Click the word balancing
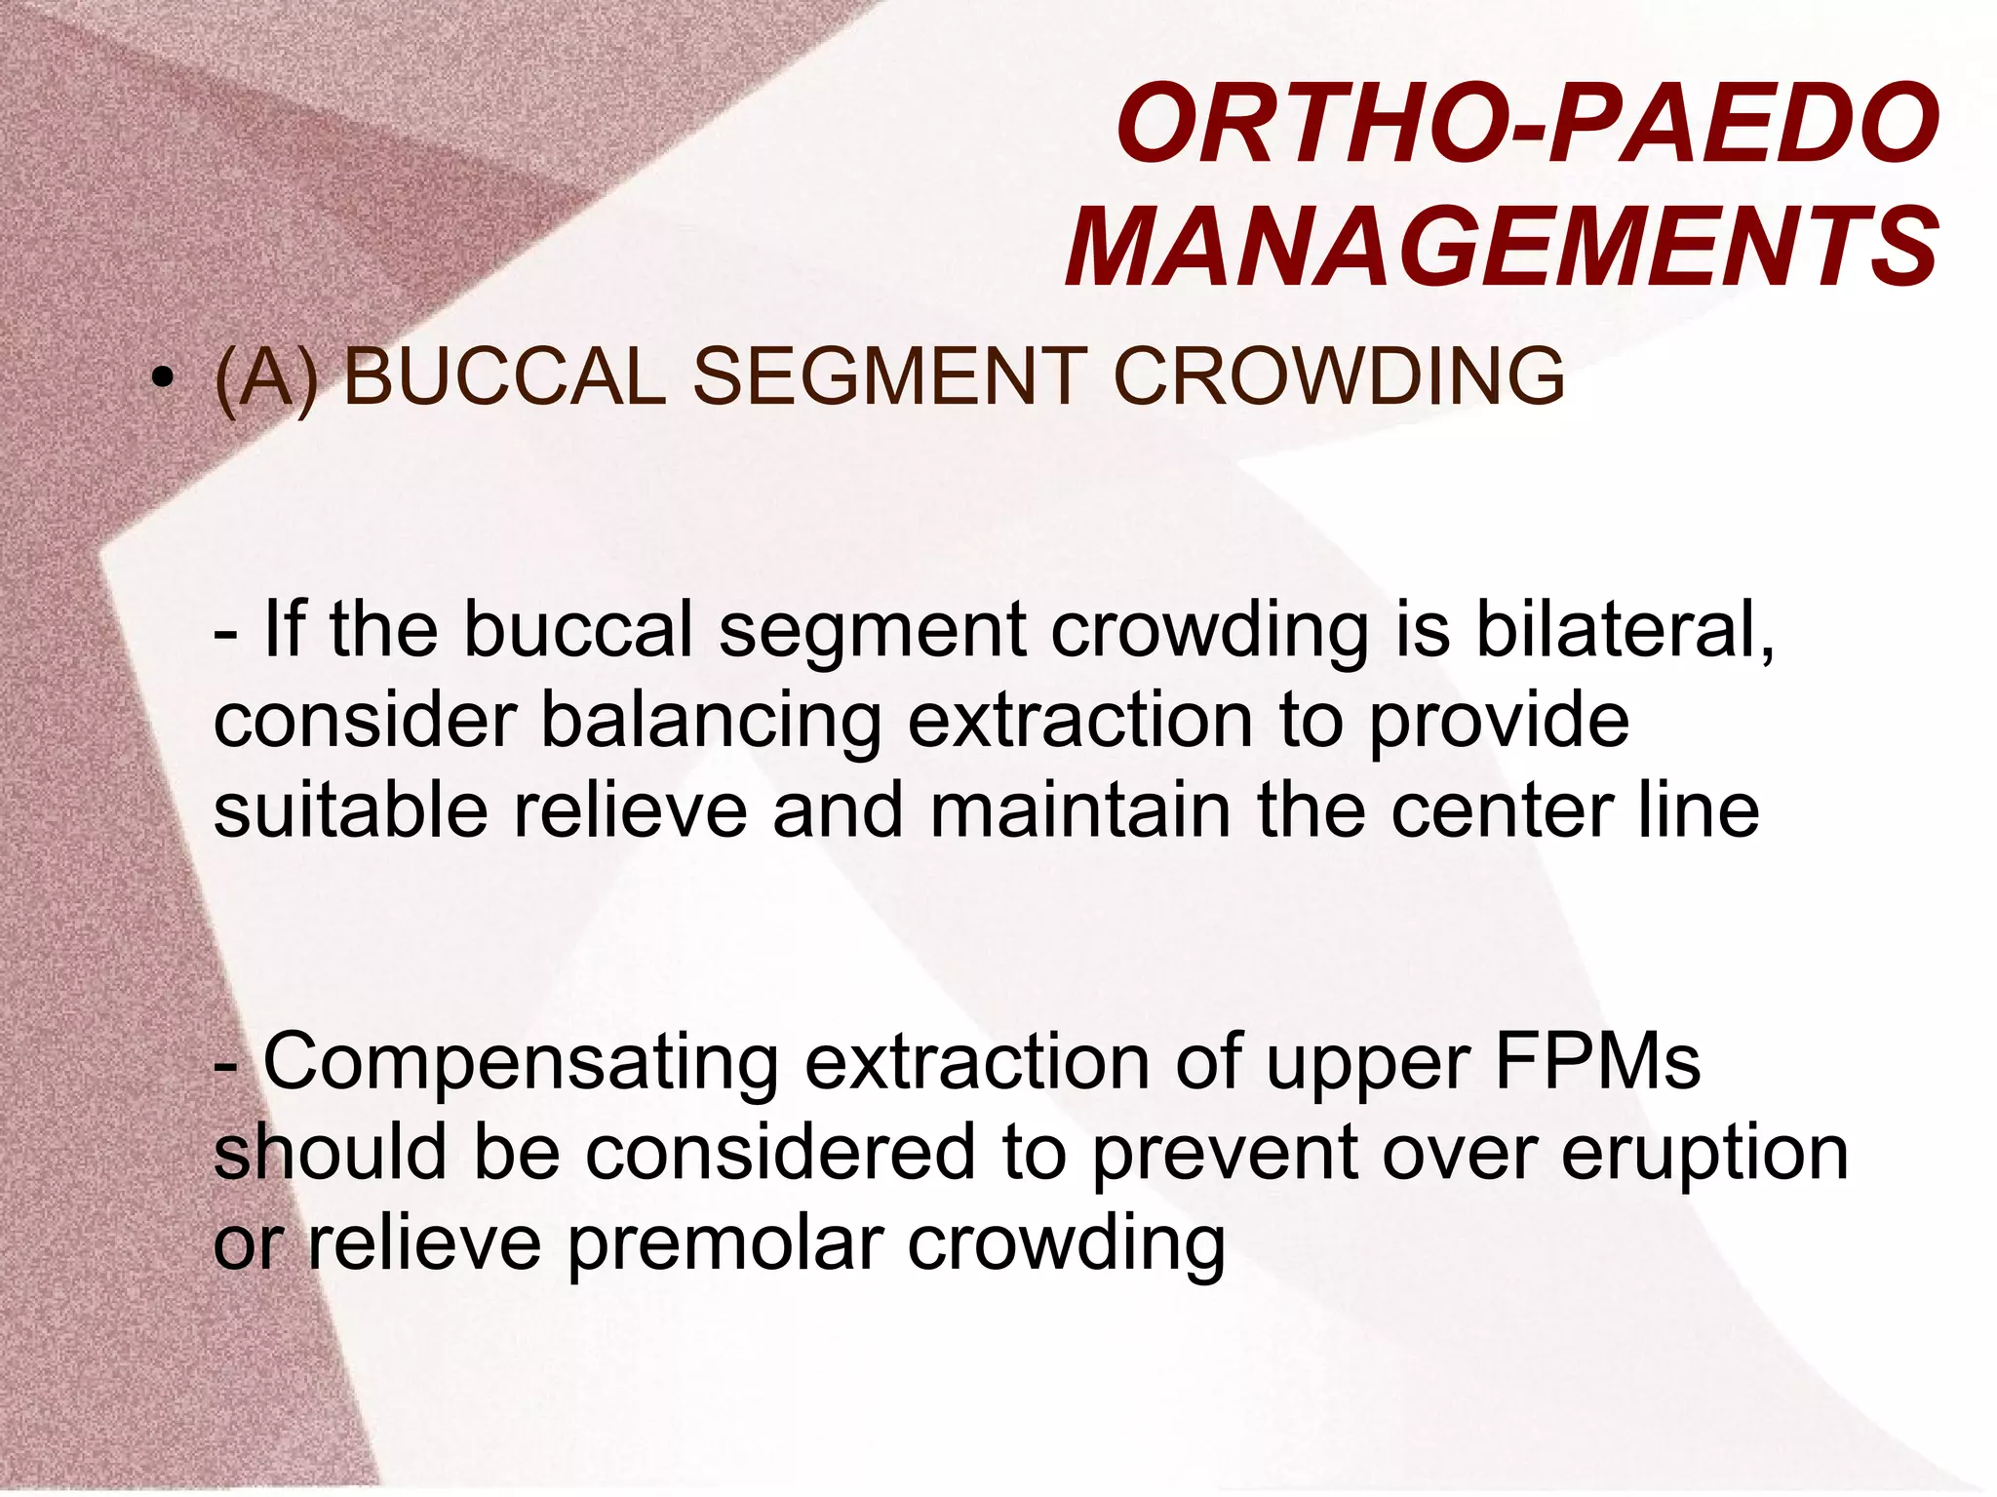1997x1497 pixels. click(710, 722)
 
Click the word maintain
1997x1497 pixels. click(1080, 811)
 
